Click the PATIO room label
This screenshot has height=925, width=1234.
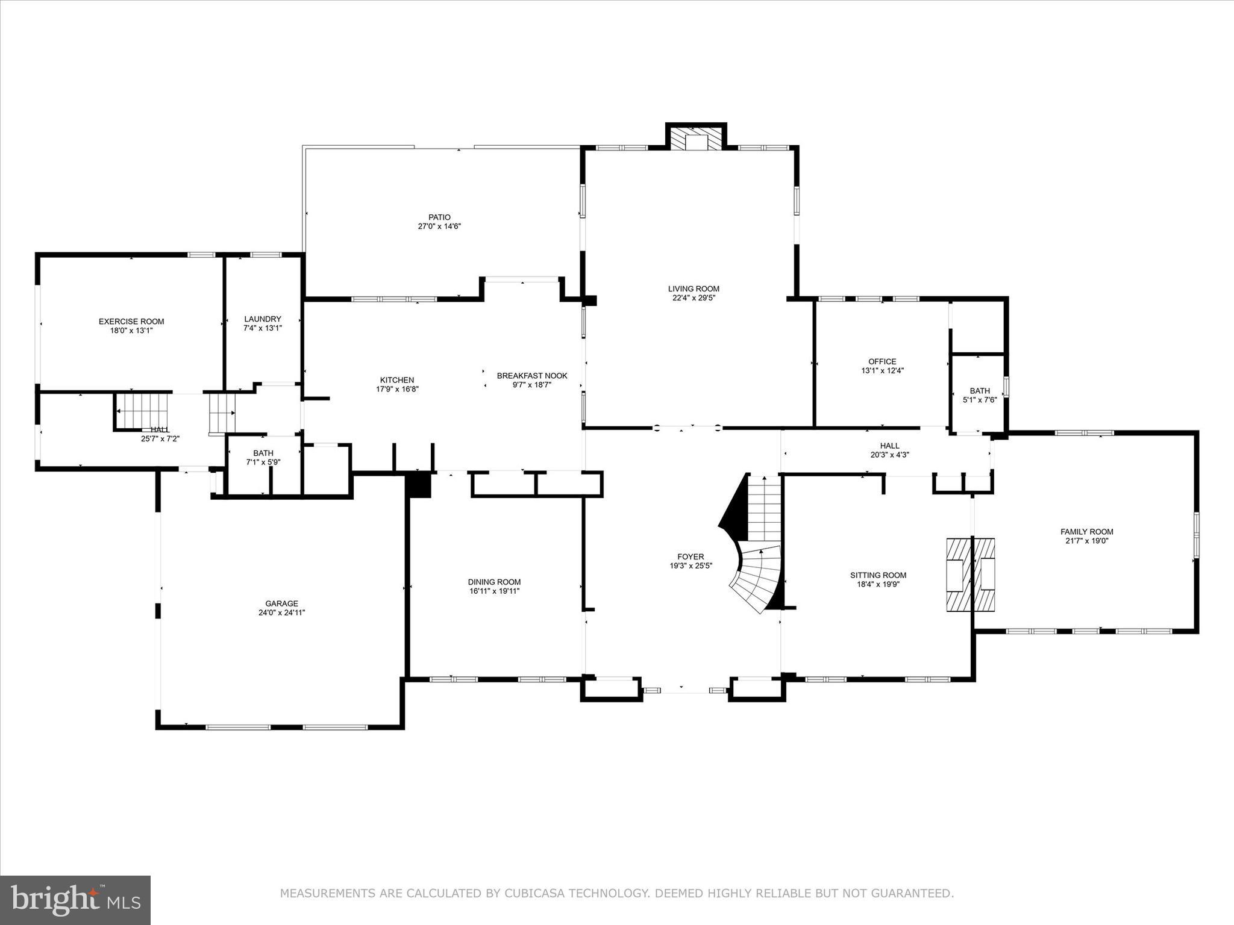click(x=439, y=217)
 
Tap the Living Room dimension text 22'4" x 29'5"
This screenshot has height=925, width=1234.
click(x=694, y=297)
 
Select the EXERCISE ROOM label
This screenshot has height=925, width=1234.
click(x=131, y=322)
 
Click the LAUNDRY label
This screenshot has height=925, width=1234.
click(x=263, y=319)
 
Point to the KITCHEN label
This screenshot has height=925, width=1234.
click(x=397, y=380)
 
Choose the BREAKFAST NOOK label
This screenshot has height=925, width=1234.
click(x=532, y=376)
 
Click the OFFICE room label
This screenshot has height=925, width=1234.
click(x=882, y=362)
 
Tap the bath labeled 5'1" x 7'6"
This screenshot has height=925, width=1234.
click(x=980, y=399)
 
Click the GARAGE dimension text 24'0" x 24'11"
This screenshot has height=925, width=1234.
click(x=282, y=612)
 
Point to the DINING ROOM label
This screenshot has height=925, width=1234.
click(x=494, y=582)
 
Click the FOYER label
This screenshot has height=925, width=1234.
click(x=691, y=557)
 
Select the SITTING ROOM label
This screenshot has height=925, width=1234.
click(x=878, y=575)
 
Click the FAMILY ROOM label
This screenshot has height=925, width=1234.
click(x=1087, y=532)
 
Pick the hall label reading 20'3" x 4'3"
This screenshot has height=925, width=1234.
click(x=889, y=455)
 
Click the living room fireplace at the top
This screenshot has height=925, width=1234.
click(x=696, y=138)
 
